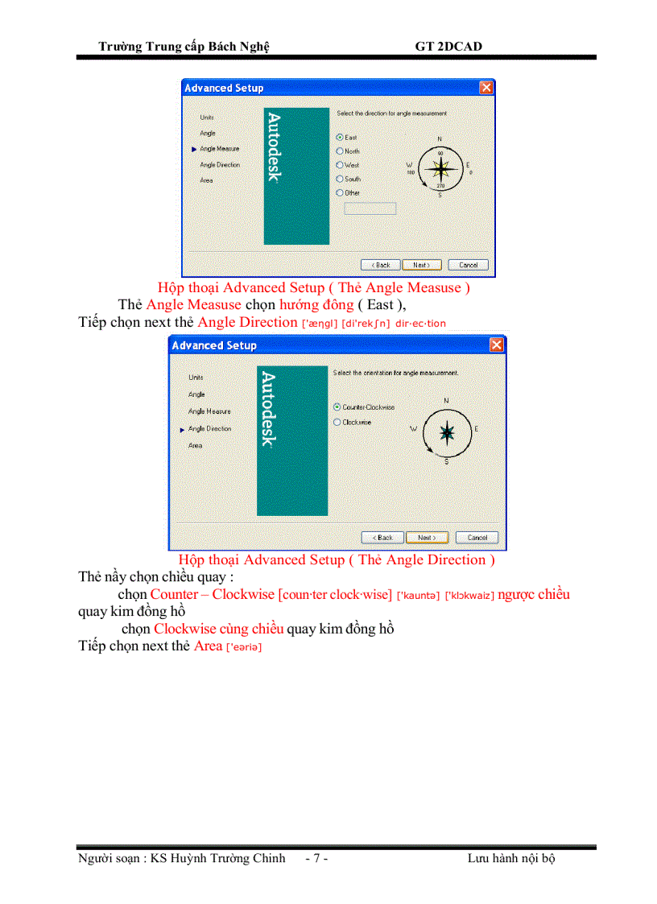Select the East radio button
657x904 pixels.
340,138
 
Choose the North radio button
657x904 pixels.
340,151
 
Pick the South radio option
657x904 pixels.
340,179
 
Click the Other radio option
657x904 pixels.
340,193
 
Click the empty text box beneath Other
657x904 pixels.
370,208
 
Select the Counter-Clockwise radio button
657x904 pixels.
337,407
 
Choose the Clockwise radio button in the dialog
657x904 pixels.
337,422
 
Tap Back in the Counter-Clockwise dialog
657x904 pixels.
382,538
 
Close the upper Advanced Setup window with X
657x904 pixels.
486,88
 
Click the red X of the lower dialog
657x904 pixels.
497,345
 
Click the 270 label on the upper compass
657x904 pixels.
440,186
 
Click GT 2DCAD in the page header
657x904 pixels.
448,47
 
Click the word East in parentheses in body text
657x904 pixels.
380,305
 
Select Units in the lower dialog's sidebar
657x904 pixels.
196,377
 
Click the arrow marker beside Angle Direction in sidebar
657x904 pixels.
182,430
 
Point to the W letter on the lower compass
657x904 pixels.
413,429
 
